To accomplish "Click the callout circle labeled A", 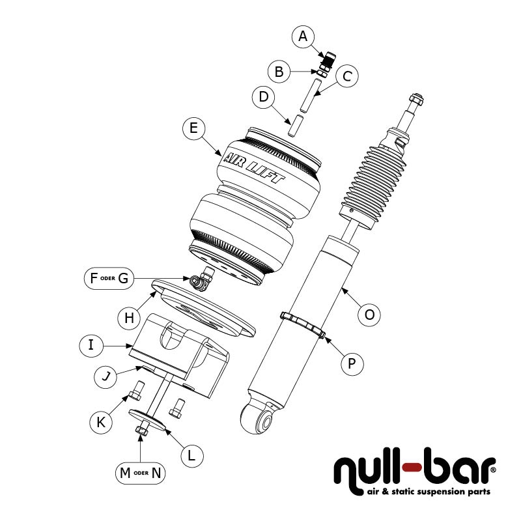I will click(x=302, y=37).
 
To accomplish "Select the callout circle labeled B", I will click(x=279, y=72).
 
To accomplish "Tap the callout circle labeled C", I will click(x=346, y=76).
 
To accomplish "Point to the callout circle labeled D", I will click(x=264, y=98).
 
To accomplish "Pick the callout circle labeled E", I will click(x=193, y=128).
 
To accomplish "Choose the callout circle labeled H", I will click(x=129, y=317).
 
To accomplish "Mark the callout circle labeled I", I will click(x=91, y=345).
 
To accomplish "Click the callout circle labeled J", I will click(x=105, y=376).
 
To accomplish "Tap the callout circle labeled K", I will click(x=100, y=421).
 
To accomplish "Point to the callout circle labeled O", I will click(x=369, y=315).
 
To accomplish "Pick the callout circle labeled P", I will click(x=352, y=363).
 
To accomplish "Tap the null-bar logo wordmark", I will click(x=414, y=467).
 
